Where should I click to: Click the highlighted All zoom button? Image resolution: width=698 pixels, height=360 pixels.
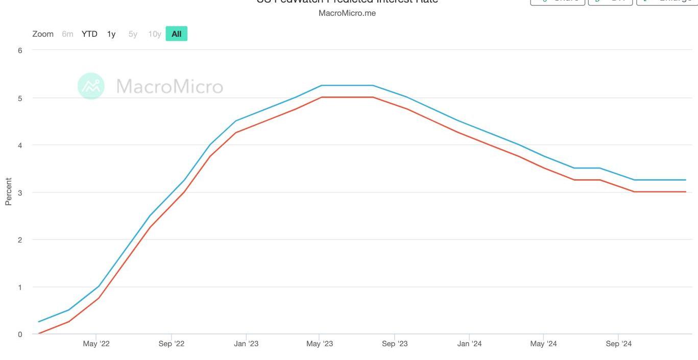click(x=176, y=34)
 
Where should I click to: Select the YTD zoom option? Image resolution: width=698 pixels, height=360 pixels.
click(x=89, y=34)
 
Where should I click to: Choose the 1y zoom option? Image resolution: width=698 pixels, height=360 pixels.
click(x=111, y=34)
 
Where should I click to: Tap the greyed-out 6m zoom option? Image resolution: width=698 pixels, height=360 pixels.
click(x=67, y=34)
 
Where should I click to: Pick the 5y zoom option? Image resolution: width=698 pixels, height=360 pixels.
click(x=133, y=34)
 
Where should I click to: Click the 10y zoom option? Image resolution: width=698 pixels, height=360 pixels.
click(x=154, y=34)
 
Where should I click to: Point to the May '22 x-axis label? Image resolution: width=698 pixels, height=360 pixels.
click(x=96, y=344)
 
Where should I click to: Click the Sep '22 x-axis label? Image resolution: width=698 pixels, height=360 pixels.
click(x=172, y=344)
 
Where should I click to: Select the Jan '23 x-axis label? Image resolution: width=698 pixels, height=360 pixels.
click(x=246, y=344)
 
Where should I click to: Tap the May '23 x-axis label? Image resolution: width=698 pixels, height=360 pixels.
click(x=320, y=344)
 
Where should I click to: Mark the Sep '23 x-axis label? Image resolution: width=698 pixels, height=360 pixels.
click(x=395, y=344)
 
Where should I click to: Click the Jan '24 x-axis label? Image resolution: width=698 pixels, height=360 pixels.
click(x=469, y=344)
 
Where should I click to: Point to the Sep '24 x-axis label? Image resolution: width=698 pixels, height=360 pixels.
click(x=619, y=344)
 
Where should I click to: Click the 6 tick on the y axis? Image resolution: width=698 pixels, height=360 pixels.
click(x=20, y=51)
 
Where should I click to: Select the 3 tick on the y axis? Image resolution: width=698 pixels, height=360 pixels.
click(x=20, y=193)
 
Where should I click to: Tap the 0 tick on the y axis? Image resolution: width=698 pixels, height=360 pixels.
click(x=20, y=334)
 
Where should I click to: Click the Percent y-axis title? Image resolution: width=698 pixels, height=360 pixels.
click(x=8, y=191)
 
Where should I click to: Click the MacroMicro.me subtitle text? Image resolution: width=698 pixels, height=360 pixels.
click(x=347, y=13)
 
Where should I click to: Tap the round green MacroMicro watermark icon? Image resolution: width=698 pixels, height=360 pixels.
click(x=91, y=86)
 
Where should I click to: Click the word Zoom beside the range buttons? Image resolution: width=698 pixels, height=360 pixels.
click(x=43, y=34)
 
